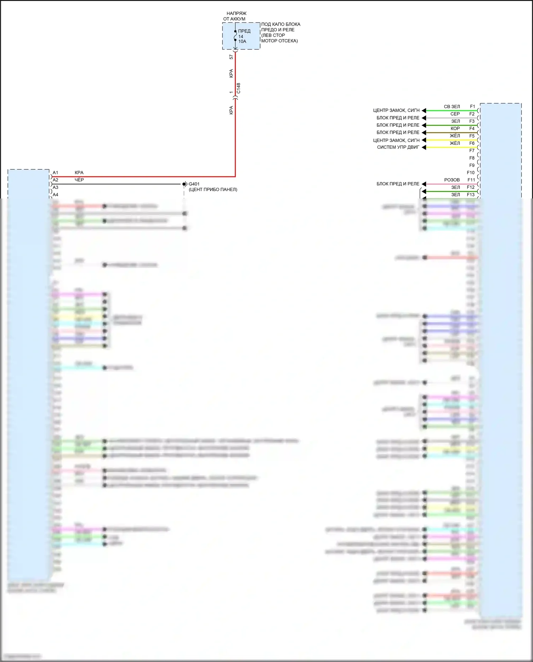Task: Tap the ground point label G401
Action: pos(194,184)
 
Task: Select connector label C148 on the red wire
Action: pos(238,88)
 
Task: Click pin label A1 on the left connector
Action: pos(55,173)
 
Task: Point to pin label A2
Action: pos(55,180)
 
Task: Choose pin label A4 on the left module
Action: pos(55,195)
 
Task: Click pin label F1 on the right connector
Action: pos(472,106)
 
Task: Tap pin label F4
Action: pos(472,128)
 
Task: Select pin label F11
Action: pos(471,180)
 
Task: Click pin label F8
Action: pos(472,158)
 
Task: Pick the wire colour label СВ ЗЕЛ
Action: pos(452,106)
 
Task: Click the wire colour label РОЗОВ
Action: pos(452,180)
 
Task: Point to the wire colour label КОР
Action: pos(455,128)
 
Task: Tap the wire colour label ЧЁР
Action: pos(79,180)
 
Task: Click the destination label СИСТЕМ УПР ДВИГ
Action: pos(398,147)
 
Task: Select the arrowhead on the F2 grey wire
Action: pos(424,118)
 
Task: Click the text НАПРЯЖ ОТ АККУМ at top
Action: pos(235,16)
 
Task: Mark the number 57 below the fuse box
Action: pos(231,57)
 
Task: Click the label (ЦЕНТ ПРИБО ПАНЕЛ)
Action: pos(213,189)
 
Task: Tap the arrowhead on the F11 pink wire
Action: pos(424,184)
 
